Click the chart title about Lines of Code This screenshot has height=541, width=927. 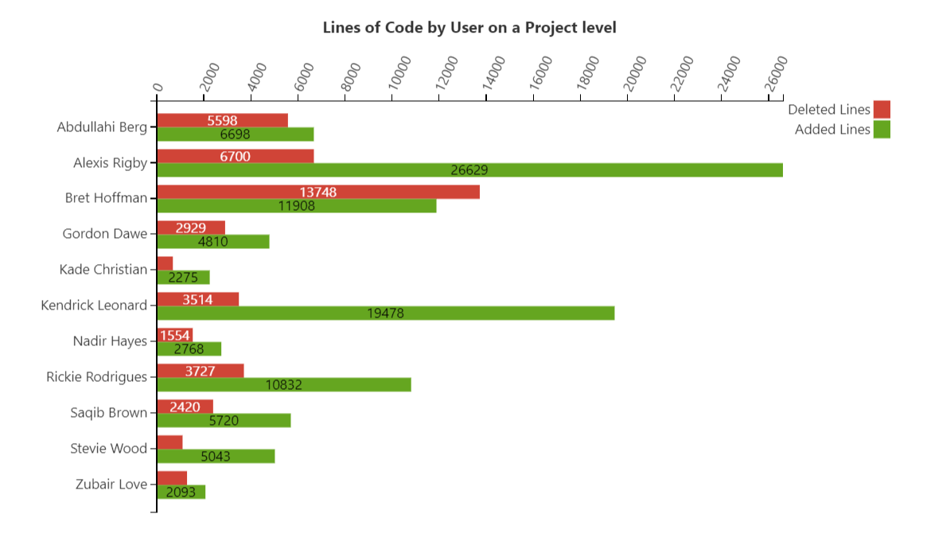tap(469, 28)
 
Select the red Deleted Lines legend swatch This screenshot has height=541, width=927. tap(881, 110)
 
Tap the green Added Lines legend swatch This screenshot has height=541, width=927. tap(881, 130)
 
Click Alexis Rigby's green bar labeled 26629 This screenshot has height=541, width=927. tap(469, 170)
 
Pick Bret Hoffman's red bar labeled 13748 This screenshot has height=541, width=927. tap(318, 192)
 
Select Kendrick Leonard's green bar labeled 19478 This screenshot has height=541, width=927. tap(385, 313)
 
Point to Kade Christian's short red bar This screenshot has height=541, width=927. tap(165, 263)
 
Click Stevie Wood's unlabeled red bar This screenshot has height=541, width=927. tap(169, 442)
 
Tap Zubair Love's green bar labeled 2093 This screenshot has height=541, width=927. tap(181, 492)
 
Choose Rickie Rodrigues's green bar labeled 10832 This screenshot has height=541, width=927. tap(284, 385)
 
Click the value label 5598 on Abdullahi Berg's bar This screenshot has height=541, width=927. tap(222, 120)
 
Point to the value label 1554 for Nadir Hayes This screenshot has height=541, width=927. tap(175, 335)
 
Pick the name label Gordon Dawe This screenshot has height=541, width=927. tap(105, 234)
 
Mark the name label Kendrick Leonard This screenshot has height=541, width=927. tap(94, 306)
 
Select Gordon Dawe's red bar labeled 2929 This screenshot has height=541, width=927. tap(191, 228)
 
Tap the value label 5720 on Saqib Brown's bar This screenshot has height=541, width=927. tap(224, 421)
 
